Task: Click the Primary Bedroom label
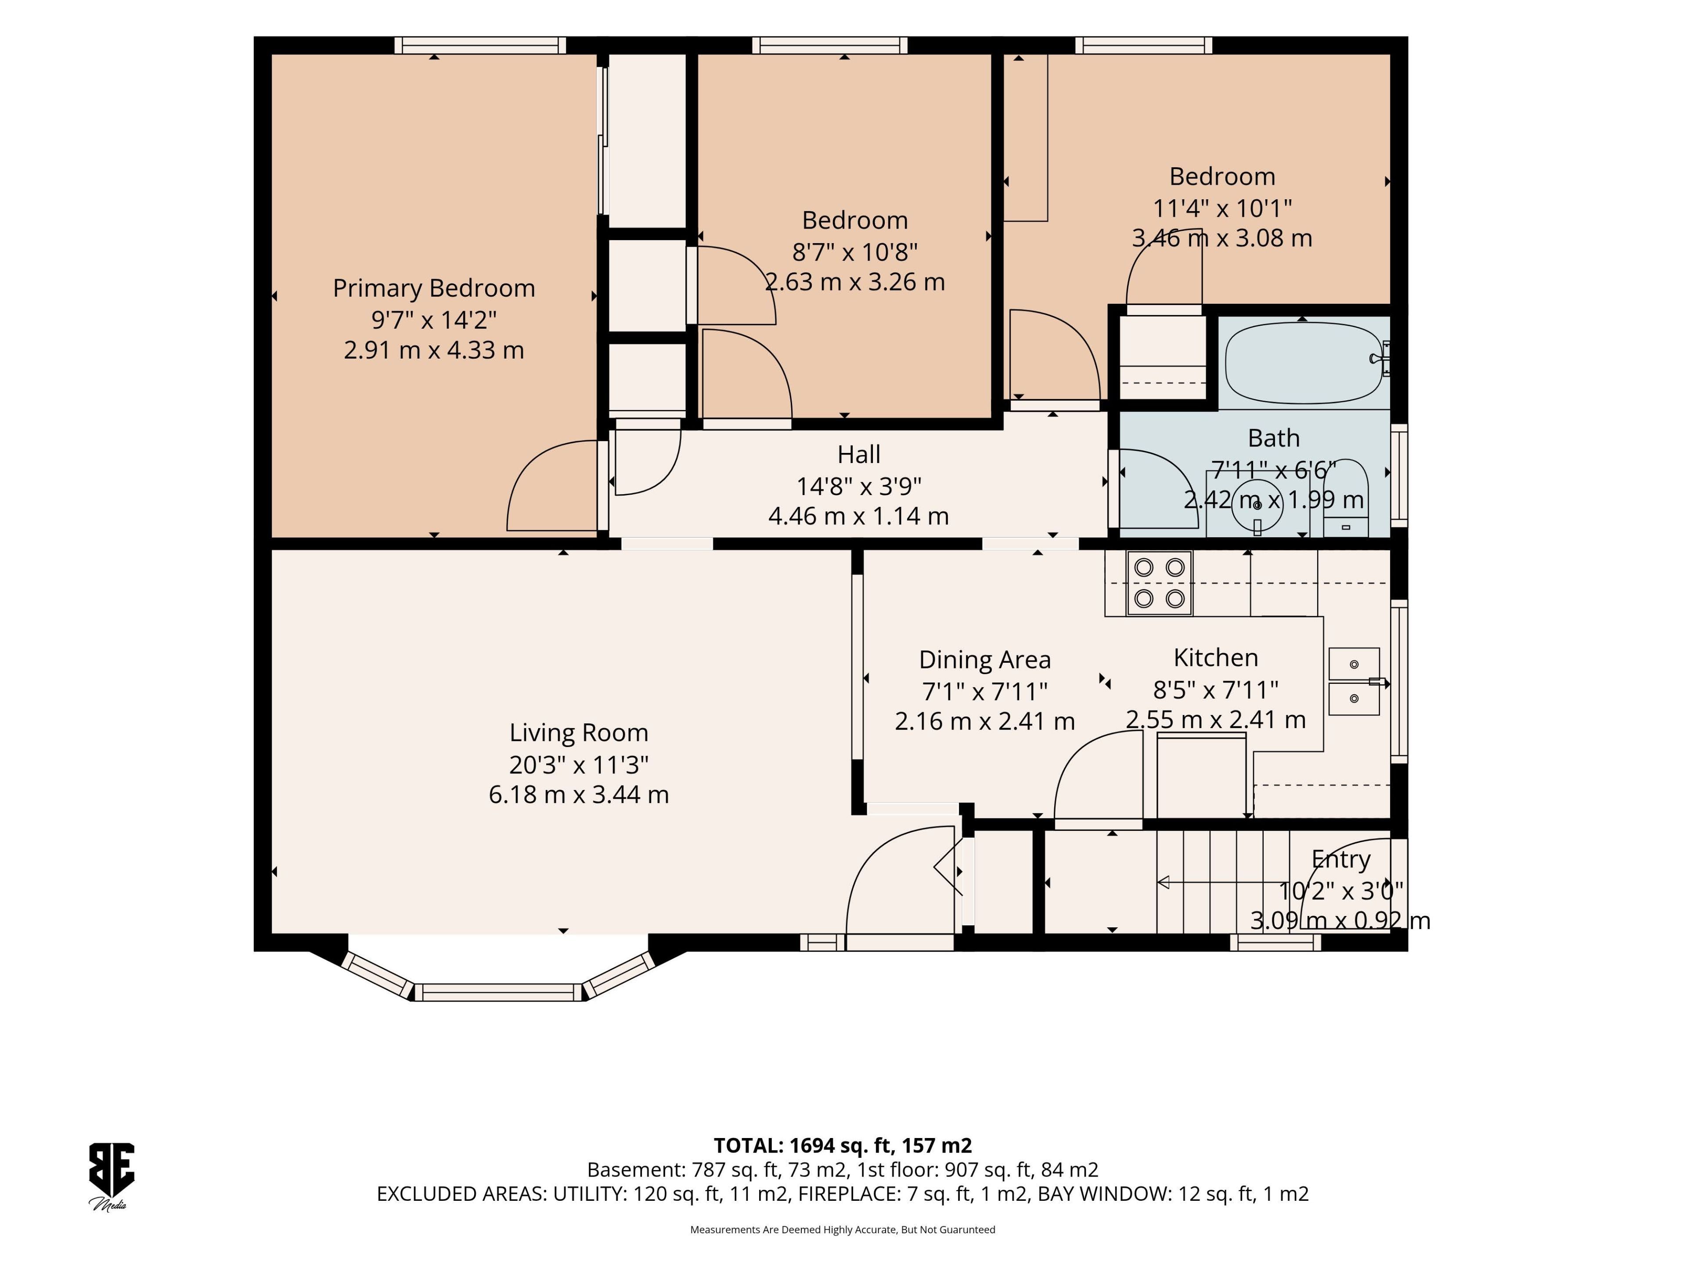pyautogui.click(x=434, y=288)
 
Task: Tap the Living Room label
pyautogui.click(x=579, y=733)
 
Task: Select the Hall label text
pyautogui.click(x=859, y=454)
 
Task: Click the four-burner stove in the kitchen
pyautogui.click(x=1159, y=583)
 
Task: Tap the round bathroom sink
pyautogui.click(x=1257, y=504)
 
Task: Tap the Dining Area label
pyautogui.click(x=985, y=660)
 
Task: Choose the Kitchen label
pyautogui.click(x=1216, y=657)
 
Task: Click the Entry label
pyautogui.click(x=1341, y=859)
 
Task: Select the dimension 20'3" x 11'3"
pyautogui.click(x=579, y=764)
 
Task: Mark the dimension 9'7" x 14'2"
pyautogui.click(x=434, y=319)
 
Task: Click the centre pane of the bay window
pyautogui.click(x=498, y=992)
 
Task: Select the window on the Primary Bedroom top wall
pyautogui.click(x=480, y=45)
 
